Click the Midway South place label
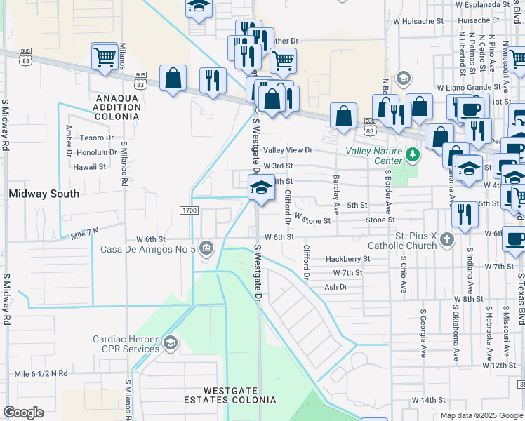click(44, 193)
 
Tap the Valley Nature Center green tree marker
click(413, 154)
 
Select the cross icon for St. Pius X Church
click(447, 241)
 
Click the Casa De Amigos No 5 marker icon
click(207, 247)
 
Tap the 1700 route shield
click(188, 210)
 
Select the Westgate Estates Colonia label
click(239, 395)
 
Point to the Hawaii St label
click(91, 167)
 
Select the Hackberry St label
click(347, 259)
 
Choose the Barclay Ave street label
click(336, 194)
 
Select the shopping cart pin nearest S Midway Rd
click(105, 56)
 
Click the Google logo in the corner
click(23, 413)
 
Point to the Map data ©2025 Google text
click(481, 415)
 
